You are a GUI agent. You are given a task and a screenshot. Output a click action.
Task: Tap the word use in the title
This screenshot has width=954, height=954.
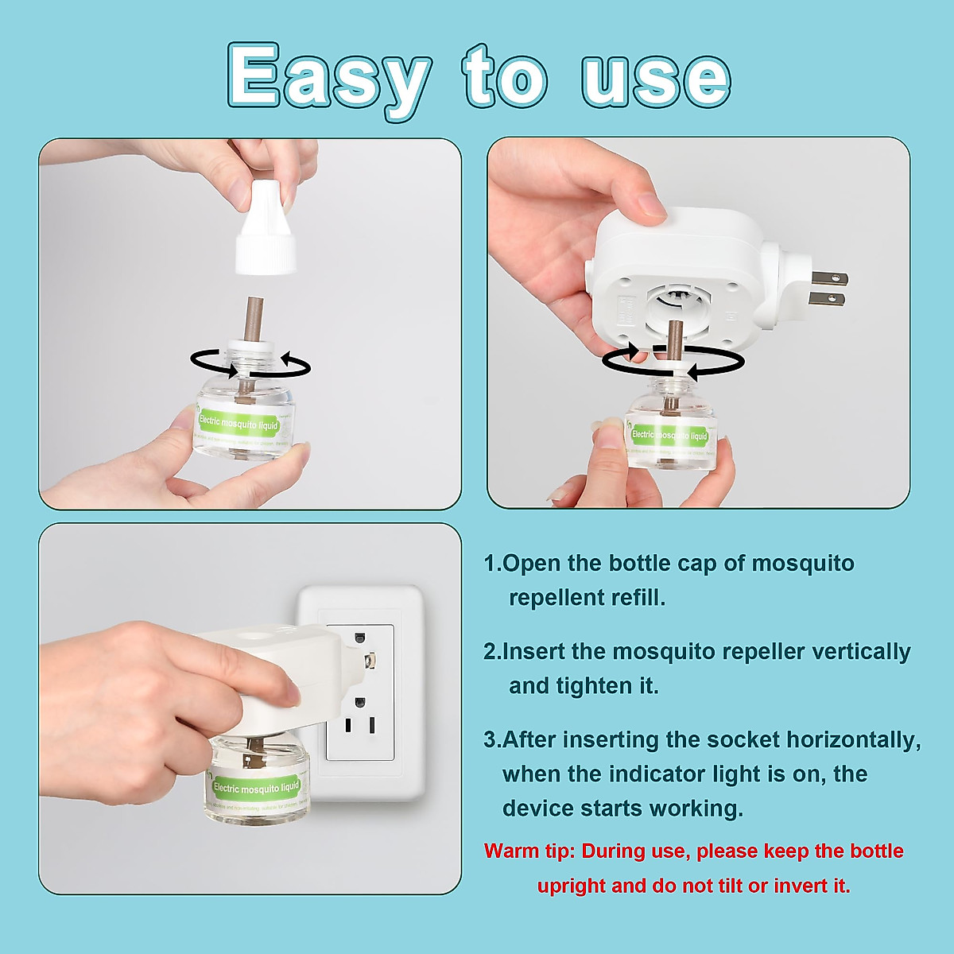[x=655, y=79]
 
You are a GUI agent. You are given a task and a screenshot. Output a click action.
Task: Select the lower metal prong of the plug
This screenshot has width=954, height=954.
[x=827, y=299]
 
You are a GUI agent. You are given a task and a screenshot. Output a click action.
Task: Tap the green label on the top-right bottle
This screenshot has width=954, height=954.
[x=669, y=436]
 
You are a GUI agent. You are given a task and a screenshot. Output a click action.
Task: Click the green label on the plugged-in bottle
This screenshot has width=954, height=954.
[x=256, y=788]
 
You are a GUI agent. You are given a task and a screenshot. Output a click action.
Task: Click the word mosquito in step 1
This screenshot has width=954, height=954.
[x=803, y=564]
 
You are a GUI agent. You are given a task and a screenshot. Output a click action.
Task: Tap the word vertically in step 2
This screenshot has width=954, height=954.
[x=860, y=652]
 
